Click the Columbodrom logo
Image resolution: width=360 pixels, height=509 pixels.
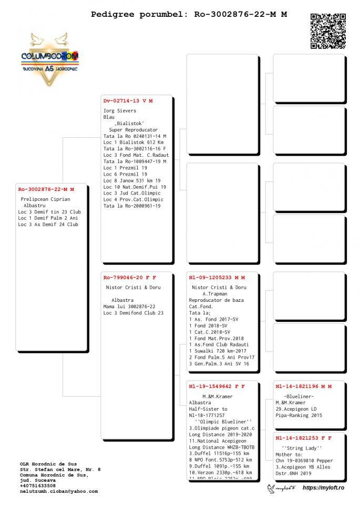click(50, 58)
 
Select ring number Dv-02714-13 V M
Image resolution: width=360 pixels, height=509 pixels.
click(128, 100)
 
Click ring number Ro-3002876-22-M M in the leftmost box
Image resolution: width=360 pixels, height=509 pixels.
click(46, 189)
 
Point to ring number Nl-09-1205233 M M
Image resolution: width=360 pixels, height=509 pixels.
click(217, 277)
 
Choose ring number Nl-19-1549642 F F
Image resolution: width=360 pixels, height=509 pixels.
click(217, 386)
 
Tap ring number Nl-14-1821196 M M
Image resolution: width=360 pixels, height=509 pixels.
click(303, 386)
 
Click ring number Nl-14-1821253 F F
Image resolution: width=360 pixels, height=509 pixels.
click(303, 437)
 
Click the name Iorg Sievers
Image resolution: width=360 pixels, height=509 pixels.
click(120, 111)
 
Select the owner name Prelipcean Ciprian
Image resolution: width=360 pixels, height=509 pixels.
click(45, 200)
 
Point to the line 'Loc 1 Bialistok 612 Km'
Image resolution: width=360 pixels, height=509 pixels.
click(133, 142)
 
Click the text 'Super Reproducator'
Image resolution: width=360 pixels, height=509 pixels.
click(133, 130)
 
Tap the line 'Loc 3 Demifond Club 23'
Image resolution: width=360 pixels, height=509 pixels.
click(133, 313)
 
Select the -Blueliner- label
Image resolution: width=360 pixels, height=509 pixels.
click(299, 396)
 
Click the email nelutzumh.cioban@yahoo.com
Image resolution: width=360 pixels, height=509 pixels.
click(59, 491)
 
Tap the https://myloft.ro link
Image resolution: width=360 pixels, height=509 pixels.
click(323, 488)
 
